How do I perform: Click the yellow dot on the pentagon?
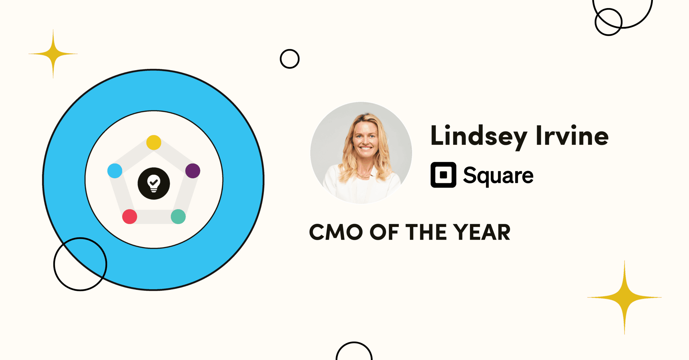[154, 142]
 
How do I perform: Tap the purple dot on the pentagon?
[193, 171]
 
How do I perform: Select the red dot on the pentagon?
[130, 216]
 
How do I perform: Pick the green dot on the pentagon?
[178, 216]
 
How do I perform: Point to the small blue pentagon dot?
[115, 171]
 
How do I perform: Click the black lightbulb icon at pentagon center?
[154, 183]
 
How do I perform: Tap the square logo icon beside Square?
[443, 175]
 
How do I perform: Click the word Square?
[498, 176]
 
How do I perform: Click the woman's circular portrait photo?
[361, 153]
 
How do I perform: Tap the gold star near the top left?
[53, 54]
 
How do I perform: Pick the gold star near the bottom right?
[624, 297]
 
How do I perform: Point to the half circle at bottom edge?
[354, 342]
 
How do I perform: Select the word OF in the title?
[384, 232]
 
